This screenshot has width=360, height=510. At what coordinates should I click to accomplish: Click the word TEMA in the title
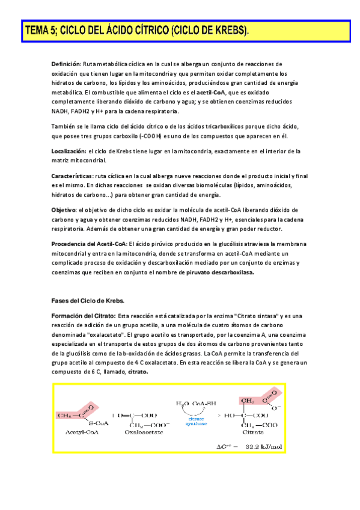point(37,31)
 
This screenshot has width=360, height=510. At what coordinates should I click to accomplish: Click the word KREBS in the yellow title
point(228,31)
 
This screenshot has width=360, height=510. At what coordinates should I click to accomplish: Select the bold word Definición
point(66,64)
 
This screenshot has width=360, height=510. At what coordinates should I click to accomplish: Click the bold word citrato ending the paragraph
point(137,372)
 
